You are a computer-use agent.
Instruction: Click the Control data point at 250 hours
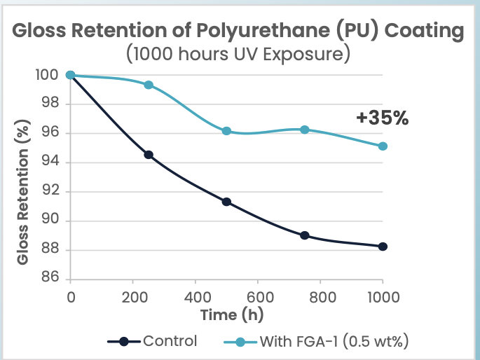(x=149, y=155)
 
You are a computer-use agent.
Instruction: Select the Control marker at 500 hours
(x=226, y=202)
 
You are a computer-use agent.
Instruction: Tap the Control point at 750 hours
(x=305, y=235)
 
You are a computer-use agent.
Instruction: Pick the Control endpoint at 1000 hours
(x=383, y=247)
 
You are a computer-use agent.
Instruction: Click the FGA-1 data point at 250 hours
(x=149, y=85)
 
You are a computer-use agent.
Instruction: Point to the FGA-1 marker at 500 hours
(x=226, y=131)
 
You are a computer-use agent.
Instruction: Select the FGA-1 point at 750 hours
(x=305, y=130)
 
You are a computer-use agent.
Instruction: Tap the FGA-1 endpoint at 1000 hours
(x=383, y=146)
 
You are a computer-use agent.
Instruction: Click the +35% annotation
(x=383, y=118)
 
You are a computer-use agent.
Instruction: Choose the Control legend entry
(x=152, y=341)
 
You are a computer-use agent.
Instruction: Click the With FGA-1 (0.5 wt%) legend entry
(x=316, y=341)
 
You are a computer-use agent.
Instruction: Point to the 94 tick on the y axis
(x=50, y=160)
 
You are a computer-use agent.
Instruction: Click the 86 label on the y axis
(x=50, y=277)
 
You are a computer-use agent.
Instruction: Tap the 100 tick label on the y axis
(x=47, y=75)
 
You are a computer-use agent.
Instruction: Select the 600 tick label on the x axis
(x=260, y=297)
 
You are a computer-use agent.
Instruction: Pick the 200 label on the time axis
(x=135, y=297)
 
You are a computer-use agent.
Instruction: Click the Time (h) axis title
(x=232, y=314)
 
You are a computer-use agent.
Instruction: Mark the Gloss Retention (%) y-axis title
(x=22, y=192)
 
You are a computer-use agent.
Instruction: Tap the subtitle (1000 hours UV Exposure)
(x=238, y=54)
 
